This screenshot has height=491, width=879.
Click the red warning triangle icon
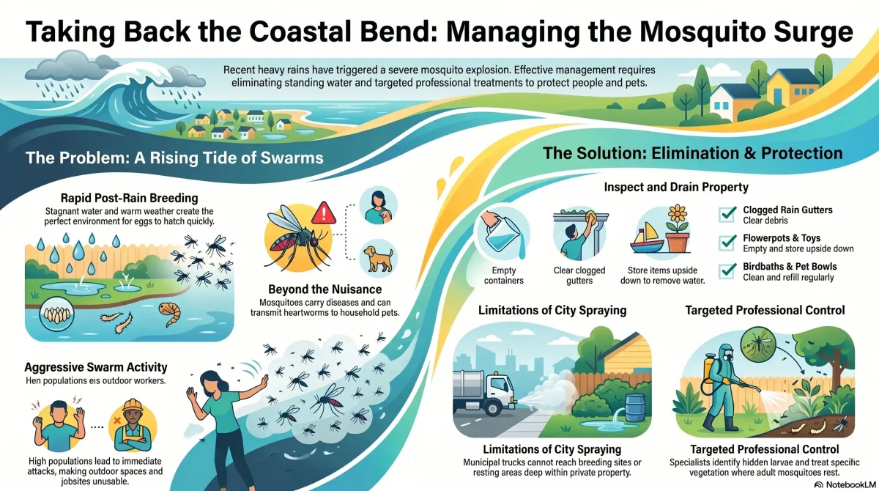(x=324, y=213)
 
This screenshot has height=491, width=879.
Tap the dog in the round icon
(x=378, y=259)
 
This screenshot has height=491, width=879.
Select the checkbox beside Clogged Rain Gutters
(x=727, y=214)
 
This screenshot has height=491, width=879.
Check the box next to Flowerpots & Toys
(x=727, y=243)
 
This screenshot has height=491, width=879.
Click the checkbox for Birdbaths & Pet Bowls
(x=727, y=271)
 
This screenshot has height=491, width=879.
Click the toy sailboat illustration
(x=647, y=238)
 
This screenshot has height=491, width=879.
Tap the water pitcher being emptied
(x=502, y=235)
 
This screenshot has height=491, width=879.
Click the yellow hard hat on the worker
(x=133, y=405)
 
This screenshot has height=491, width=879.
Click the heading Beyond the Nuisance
(x=325, y=289)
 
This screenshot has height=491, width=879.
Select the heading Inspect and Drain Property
(x=676, y=187)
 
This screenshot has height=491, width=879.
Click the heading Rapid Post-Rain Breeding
(x=130, y=198)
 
